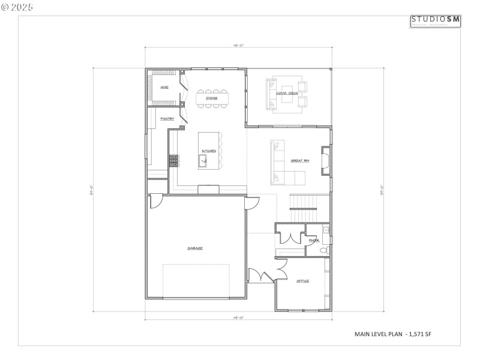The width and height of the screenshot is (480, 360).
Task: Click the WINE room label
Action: pos(164,88)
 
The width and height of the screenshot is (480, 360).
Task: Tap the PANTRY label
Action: pos(167,119)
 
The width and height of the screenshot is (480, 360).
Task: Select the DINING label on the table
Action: pos(211,98)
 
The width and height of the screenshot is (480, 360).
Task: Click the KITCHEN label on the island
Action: pos(208,151)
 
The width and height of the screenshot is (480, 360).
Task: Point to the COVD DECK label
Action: pos(287,94)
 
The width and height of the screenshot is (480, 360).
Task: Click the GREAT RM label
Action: pos(299,161)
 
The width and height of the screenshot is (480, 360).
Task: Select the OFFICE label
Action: pos(302,280)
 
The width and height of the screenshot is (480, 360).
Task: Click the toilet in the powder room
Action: pos(323,250)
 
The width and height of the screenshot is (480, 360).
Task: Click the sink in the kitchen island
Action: pos(204,160)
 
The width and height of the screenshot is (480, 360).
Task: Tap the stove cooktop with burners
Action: pos(174,160)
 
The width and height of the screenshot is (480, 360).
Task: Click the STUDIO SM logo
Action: pos(436,21)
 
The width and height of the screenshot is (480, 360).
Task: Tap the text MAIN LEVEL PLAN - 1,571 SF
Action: pos(393,334)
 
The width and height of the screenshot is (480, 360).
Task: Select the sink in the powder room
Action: pos(326,230)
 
